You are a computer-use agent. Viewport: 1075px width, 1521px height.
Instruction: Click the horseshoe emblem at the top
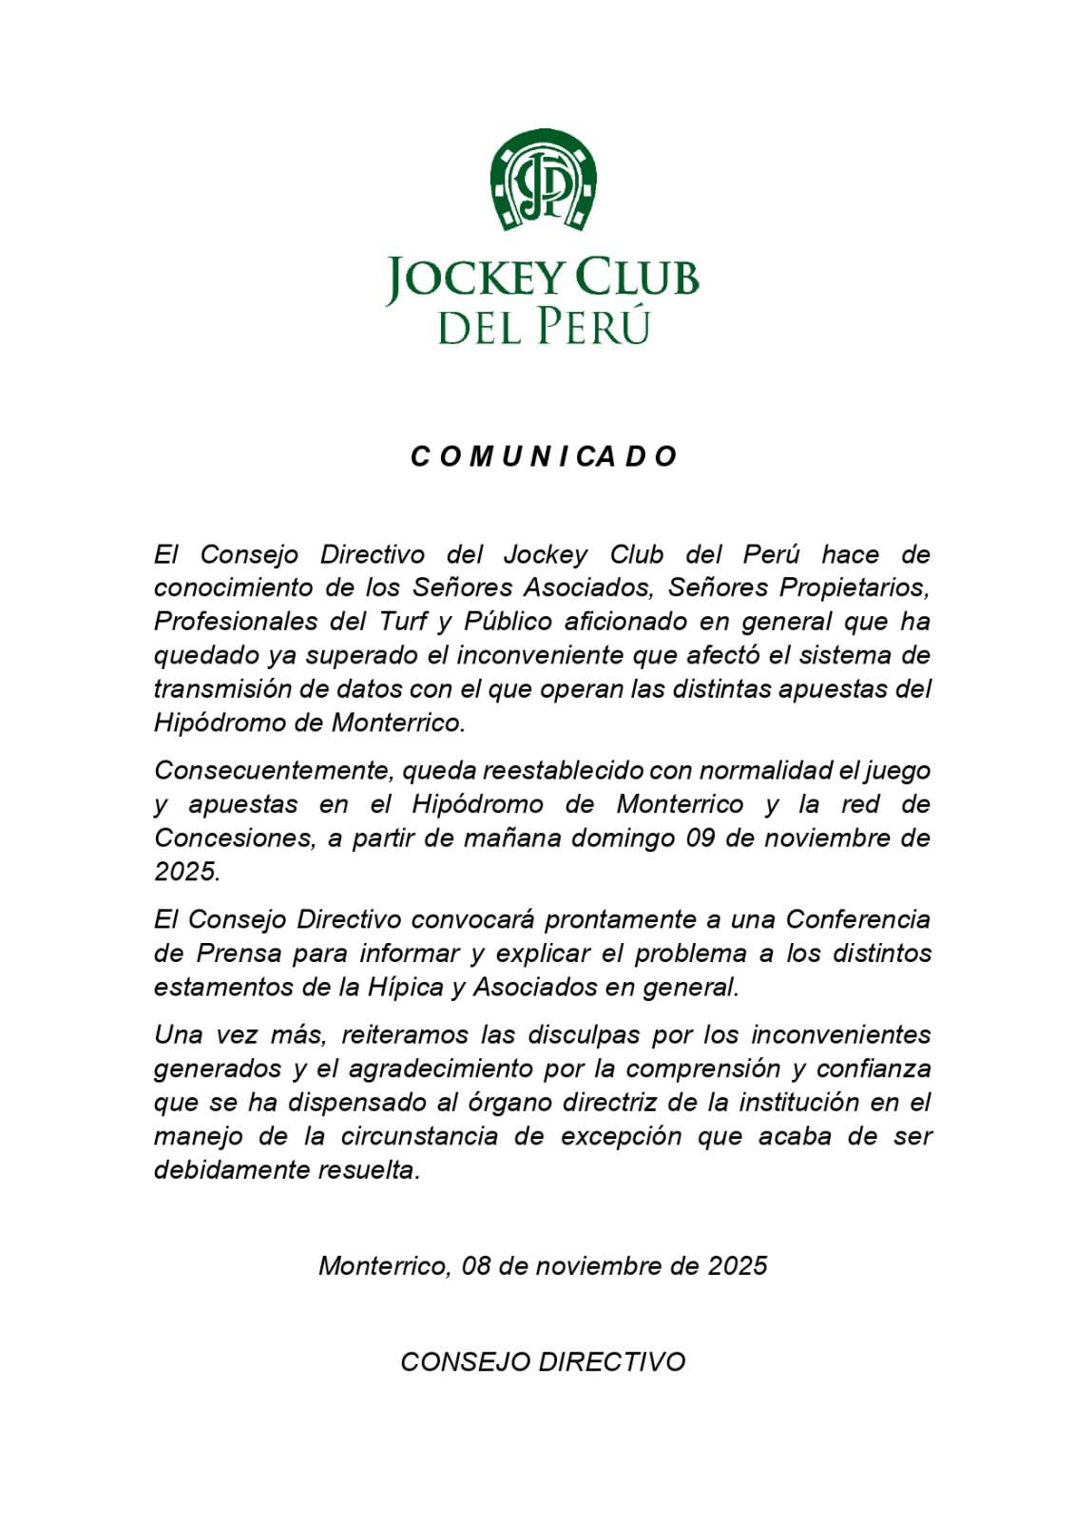[x=543, y=180]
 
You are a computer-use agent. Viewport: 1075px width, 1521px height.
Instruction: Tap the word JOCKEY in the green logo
[x=475, y=278]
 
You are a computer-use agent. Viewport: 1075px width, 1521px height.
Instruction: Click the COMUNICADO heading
[x=543, y=456]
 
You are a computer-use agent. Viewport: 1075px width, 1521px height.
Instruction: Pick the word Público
[x=508, y=622]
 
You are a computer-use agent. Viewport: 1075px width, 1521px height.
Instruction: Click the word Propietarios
[x=854, y=587]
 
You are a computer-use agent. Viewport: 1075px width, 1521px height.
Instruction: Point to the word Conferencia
[x=858, y=919]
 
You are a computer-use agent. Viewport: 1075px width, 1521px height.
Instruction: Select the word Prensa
[x=240, y=953]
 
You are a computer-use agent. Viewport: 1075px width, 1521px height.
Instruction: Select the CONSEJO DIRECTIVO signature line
[x=543, y=1361]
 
